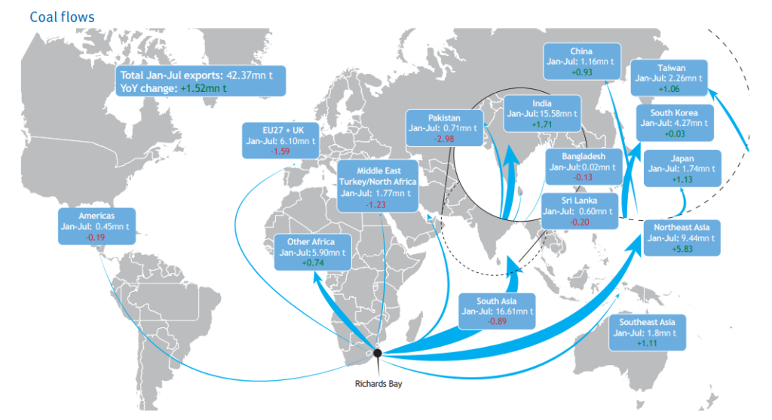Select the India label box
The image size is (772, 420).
(x=542, y=113)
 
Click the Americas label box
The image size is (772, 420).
(x=96, y=226)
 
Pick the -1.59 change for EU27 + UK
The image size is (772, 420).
(x=280, y=152)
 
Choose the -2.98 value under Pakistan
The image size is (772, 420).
(x=443, y=139)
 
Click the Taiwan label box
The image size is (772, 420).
(x=669, y=77)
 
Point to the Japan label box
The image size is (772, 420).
(x=682, y=169)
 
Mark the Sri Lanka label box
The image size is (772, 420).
(x=580, y=211)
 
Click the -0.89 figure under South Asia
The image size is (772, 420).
(x=496, y=322)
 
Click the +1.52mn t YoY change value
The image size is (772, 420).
(x=204, y=88)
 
